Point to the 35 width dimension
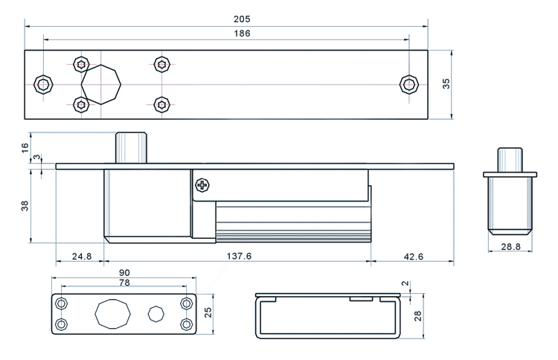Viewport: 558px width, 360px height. pos(446,83)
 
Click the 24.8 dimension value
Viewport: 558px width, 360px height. pos(82,257)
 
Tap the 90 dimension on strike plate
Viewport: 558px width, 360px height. pos(124,273)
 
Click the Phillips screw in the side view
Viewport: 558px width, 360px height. pos(202,185)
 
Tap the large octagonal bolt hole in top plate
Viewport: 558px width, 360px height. pos(102,83)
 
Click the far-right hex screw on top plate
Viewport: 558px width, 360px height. pos(407,83)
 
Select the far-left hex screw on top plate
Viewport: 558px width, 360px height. pos(45,83)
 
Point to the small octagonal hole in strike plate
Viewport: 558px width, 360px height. pos(156,314)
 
